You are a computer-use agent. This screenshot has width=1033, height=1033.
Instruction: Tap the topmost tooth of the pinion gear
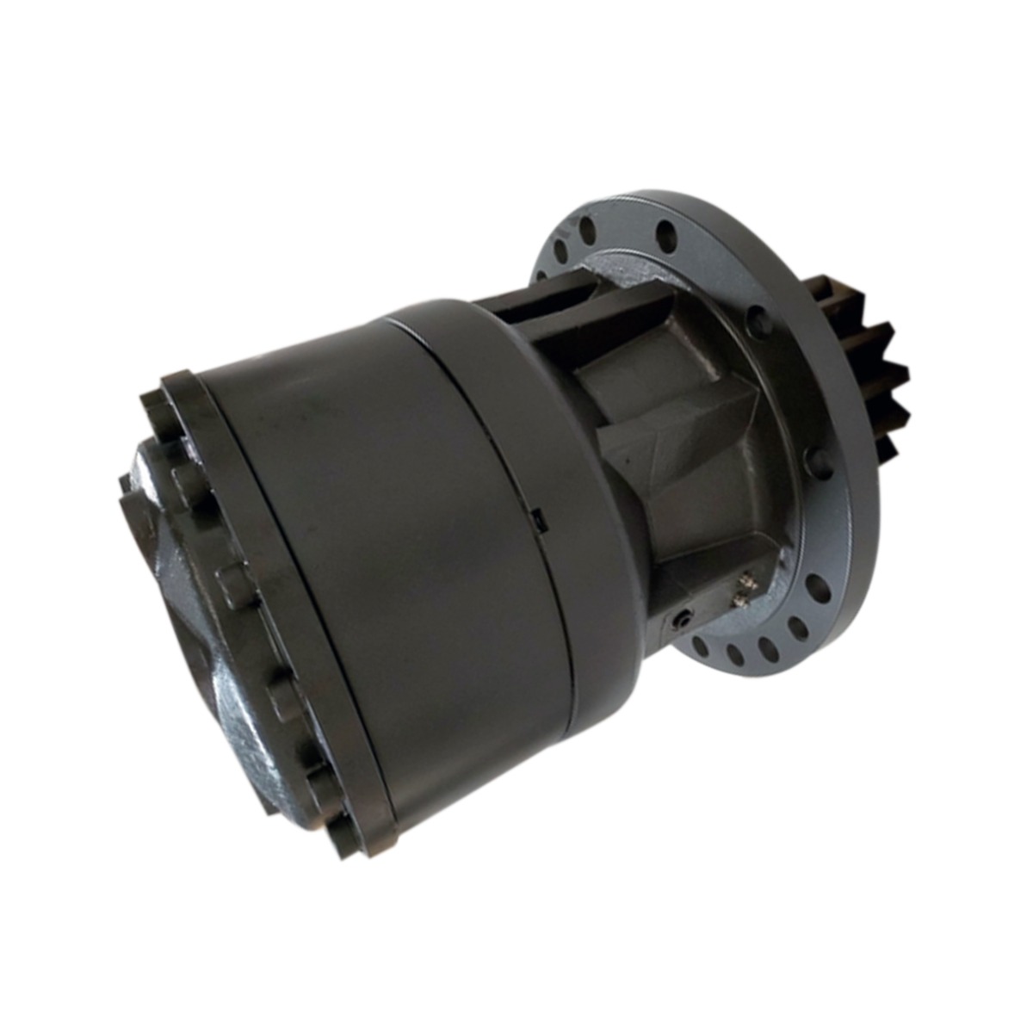click(840, 288)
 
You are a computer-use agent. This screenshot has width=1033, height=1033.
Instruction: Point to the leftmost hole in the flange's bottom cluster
click(700, 647)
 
